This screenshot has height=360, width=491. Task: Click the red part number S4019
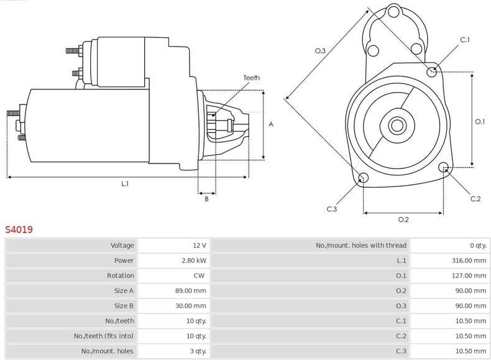(x=19, y=229)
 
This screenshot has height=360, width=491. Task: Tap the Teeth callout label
(x=251, y=78)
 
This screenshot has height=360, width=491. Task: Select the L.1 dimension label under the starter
(x=125, y=183)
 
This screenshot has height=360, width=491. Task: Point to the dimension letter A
(x=271, y=124)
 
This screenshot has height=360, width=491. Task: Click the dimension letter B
(x=206, y=199)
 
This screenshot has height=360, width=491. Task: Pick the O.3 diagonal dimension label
(x=321, y=50)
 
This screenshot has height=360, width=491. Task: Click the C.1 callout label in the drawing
(x=464, y=40)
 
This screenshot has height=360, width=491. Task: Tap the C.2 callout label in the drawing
(x=475, y=199)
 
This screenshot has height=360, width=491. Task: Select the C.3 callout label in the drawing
(x=331, y=209)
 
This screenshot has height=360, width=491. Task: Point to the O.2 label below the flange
(x=403, y=219)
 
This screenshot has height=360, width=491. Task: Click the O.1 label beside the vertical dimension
(x=479, y=122)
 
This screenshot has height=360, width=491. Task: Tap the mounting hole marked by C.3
(x=364, y=178)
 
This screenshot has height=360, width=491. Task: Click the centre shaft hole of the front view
(x=397, y=126)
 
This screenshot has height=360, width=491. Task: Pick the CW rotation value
(x=199, y=275)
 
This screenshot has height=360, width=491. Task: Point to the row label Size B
(x=124, y=306)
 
